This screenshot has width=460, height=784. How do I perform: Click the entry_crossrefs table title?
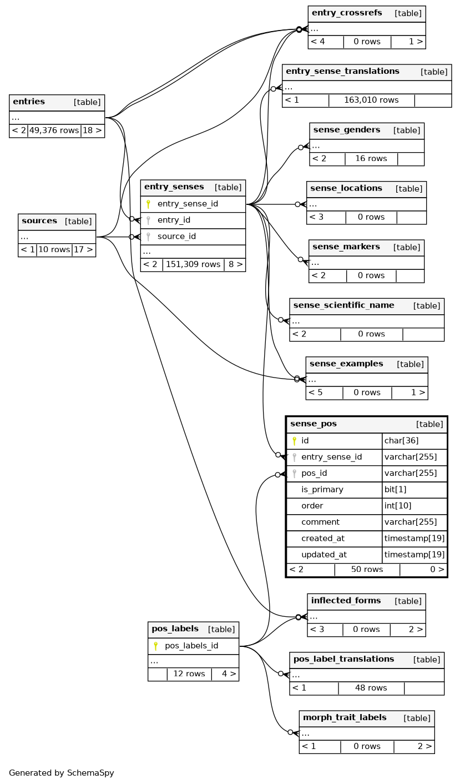tap(347, 13)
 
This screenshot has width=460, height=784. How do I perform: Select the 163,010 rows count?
tap(371, 100)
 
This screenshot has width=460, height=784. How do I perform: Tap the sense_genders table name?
tap(346, 130)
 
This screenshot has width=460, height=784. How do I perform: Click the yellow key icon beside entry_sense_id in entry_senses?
tap(148, 204)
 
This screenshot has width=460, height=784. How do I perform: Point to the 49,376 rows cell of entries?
tap(54, 131)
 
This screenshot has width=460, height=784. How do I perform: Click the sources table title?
tap(39, 222)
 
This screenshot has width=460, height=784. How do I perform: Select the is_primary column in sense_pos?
tap(322, 490)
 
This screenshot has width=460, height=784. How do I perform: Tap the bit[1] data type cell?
tap(395, 490)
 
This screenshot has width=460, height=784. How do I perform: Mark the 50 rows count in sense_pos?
tap(367, 570)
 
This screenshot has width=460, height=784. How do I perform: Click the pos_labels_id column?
tap(191, 646)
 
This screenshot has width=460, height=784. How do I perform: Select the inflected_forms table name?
tap(346, 601)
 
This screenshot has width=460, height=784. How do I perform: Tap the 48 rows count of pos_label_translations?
tap(371, 688)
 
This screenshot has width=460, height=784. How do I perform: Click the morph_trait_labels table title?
tap(345, 718)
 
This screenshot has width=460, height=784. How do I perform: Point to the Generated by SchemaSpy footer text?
tap(61, 773)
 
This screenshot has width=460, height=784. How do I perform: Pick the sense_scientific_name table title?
tap(343, 306)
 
